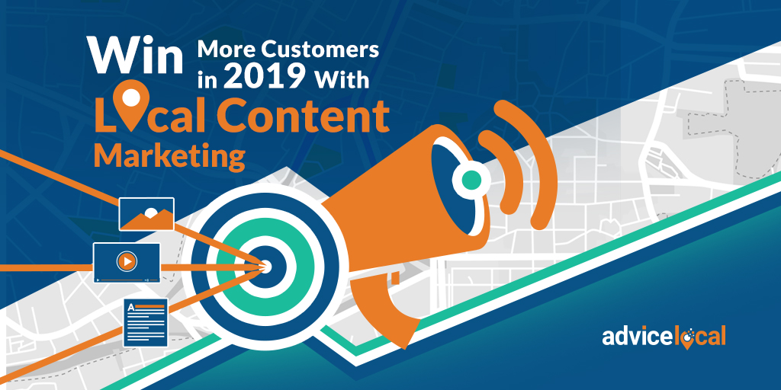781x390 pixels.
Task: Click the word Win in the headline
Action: click(135, 55)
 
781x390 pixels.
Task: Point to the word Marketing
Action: click(169, 155)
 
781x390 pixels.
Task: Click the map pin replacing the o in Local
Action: click(131, 104)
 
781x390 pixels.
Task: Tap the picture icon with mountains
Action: click(146, 214)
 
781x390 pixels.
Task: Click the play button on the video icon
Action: click(127, 261)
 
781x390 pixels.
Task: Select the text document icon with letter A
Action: click(146, 322)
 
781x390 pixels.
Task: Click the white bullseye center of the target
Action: click(265, 266)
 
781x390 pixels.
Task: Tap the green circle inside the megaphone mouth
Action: click(471, 180)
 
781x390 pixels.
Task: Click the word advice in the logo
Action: click(633, 336)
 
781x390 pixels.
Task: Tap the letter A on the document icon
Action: click(131, 308)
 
